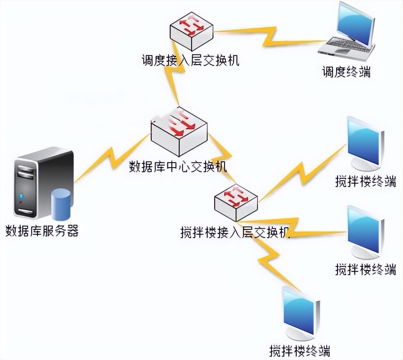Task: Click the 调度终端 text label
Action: click(346, 72)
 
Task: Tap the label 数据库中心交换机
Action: click(178, 167)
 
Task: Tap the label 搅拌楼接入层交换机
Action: click(235, 232)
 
